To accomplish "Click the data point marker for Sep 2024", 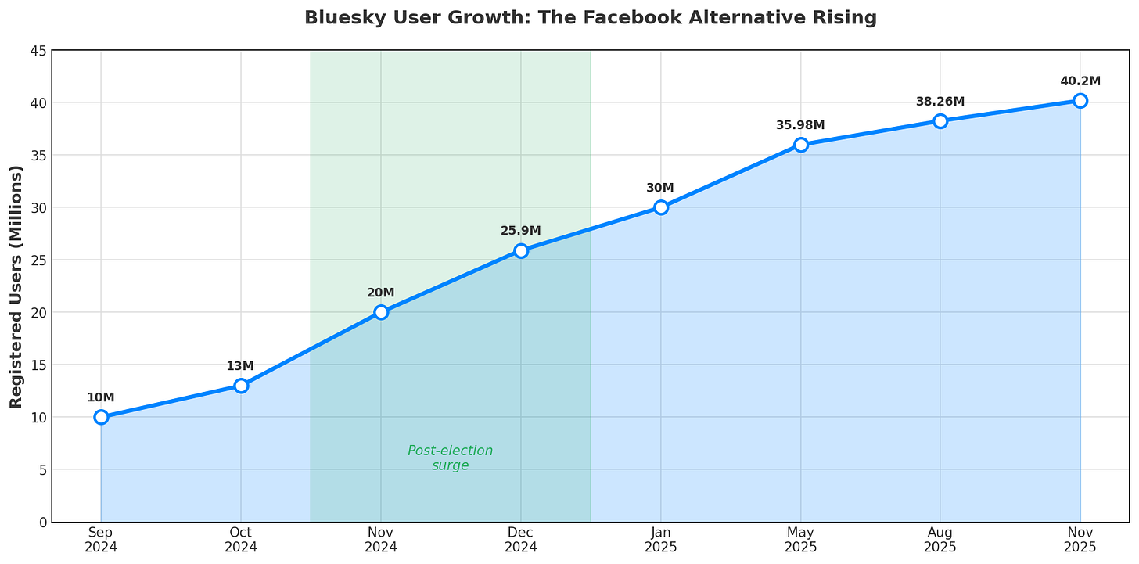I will [x=101, y=417].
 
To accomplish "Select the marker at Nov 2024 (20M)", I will [x=381, y=312].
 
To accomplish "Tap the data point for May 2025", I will [x=800, y=145].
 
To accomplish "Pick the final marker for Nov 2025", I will [x=1080, y=100].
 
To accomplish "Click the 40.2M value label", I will [x=1080, y=81].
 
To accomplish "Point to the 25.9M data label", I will [x=521, y=231].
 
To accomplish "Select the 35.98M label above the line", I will [x=800, y=125].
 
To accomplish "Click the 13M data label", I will [x=240, y=366].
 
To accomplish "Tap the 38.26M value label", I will [x=940, y=102].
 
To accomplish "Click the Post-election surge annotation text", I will [x=451, y=458].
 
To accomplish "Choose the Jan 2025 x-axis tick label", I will [x=660, y=540].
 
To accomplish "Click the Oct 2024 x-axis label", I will [x=240, y=540].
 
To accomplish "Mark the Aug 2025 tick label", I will [x=940, y=540].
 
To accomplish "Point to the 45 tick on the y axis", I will [x=38, y=51].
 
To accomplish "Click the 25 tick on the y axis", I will [x=38, y=260].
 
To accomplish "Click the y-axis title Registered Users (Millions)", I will [x=16, y=286].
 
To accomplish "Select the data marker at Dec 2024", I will [x=521, y=250].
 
